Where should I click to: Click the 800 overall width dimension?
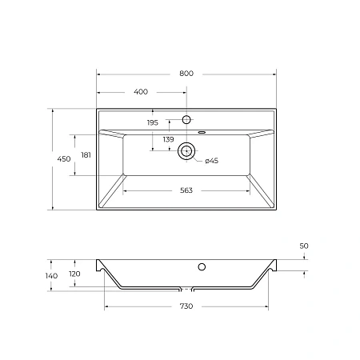point(186,73)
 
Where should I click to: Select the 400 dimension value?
point(141,92)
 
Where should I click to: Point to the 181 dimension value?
point(85,154)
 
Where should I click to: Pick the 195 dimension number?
point(153,122)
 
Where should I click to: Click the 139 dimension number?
point(169,140)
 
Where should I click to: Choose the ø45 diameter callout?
point(212,162)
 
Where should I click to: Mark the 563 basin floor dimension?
point(186,190)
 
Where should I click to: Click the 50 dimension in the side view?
point(304,246)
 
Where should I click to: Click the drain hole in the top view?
point(187,150)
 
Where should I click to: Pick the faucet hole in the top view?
point(187,119)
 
